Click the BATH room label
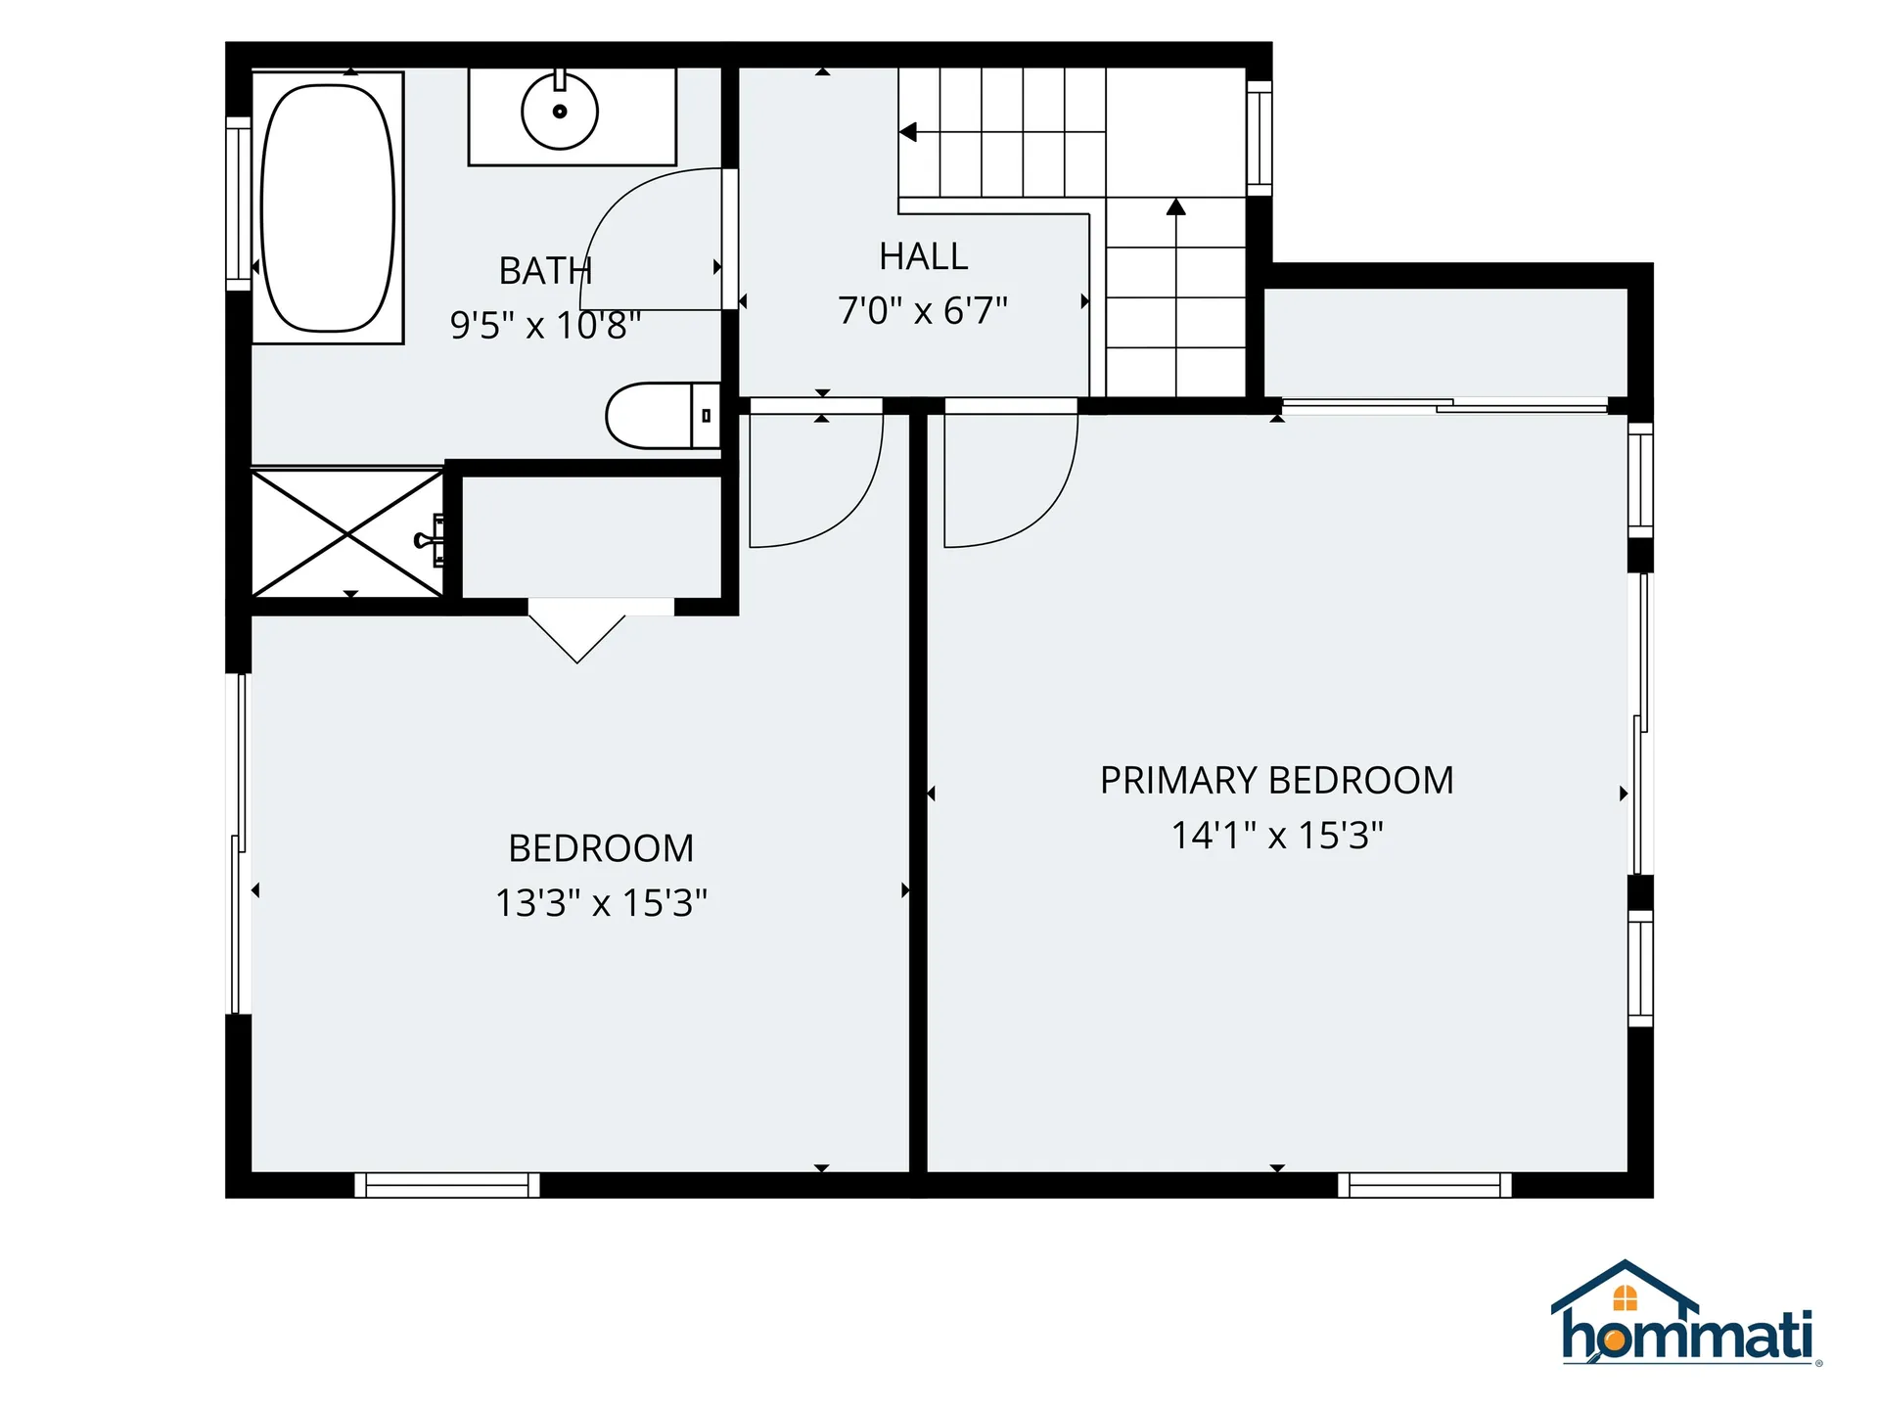[x=545, y=271]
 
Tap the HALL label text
[x=923, y=256]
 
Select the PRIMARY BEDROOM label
[x=1276, y=781]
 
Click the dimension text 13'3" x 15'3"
[x=601, y=902]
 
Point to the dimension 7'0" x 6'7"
[x=923, y=311]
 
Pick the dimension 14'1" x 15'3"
[x=1277, y=835]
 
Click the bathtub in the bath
[x=328, y=207]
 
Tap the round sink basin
[x=560, y=112]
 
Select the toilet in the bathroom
[x=664, y=416]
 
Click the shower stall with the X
[x=348, y=534]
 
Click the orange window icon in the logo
[x=1625, y=1298]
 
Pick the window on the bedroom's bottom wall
[x=447, y=1185]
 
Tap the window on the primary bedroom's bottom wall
[x=1425, y=1185]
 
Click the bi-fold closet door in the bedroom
[x=577, y=631]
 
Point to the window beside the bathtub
[x=239, y=204]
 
